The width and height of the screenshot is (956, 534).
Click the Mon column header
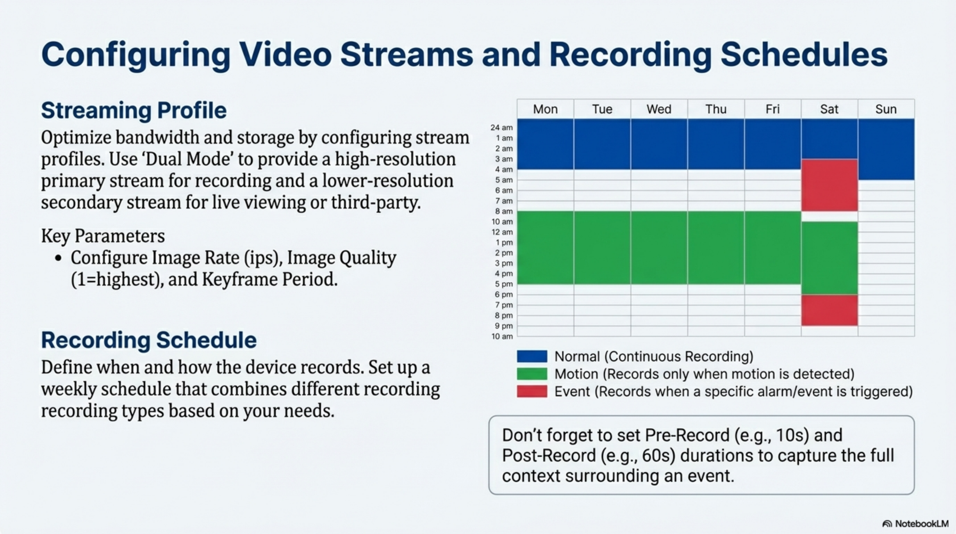(x=545, y=109)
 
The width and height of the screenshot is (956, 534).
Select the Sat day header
(x=829, y=109)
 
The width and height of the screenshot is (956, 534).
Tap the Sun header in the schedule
(x=886, y=109)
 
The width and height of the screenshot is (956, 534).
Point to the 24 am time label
(x=501, y=127)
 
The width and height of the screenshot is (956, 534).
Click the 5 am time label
(x=504, y=180)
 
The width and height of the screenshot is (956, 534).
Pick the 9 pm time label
(x=504, y=326)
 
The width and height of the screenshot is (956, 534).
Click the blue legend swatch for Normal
(x=532, y=356)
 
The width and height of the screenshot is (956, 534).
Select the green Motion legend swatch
(x=532, y=374)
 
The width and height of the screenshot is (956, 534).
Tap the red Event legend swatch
(x=532, y=391)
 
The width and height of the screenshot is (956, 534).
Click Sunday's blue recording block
(x=886, y=149)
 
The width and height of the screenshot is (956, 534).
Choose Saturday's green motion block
(x=830, y=258)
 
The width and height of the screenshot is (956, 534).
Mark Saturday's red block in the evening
(x=830, y=310)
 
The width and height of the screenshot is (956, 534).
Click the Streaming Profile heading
(x=134, y=110)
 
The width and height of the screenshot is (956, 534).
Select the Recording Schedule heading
(x=149, y=340)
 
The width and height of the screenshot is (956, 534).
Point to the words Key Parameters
(x=103, y=236)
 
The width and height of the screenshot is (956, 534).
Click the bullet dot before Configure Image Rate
(x=58, y=258)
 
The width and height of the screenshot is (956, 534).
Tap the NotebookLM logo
(x=915, y=524)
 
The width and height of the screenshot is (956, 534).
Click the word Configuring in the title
(x=136, y=55)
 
